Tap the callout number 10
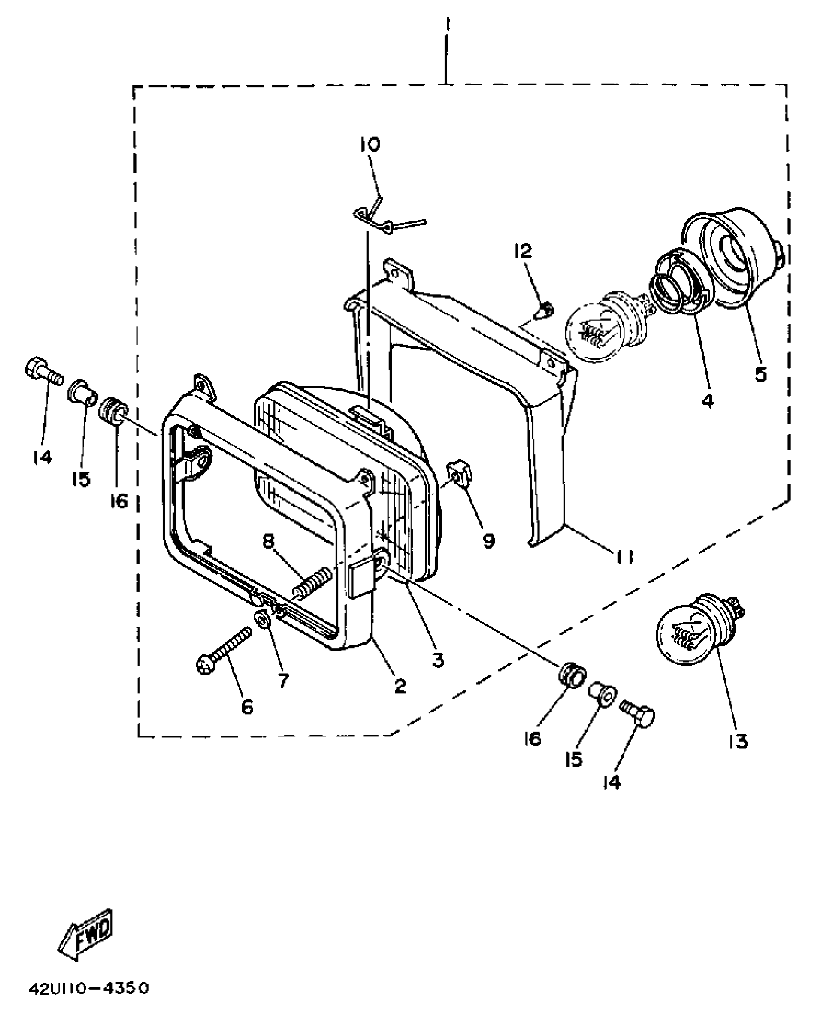tap(370, 144)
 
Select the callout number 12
tap(524, 251)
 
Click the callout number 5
tap(761, 373)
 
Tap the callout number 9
tap(489, 541)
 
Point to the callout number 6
tap(247, 706)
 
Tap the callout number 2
tap(399, 686)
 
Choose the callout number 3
tap(437, 661)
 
